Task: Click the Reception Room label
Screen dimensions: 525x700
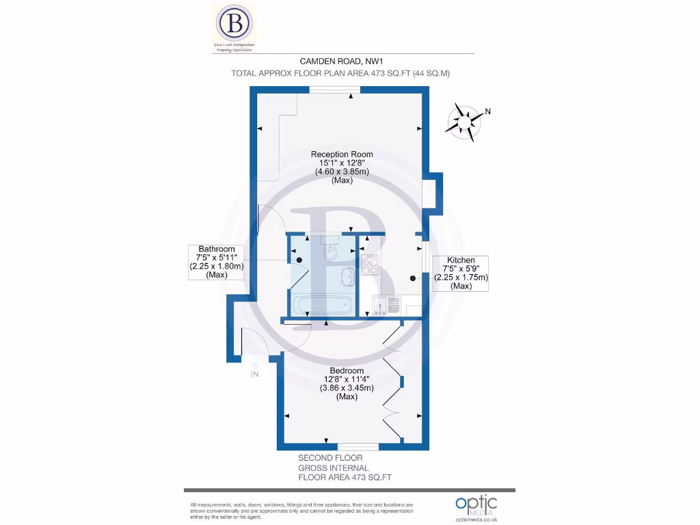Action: pyautogui.click(x=342, y=154)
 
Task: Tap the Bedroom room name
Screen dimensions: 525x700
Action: pyautogui.click(x=347, y=371)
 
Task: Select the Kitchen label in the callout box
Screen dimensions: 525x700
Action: pyautogui.click(x=461, y=260)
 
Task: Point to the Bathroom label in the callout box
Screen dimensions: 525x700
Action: pyautogui.click(x=216, y=249)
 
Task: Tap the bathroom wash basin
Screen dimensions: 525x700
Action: pyautogui.click(x=347, y=277)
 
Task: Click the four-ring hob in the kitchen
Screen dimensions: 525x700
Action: pyautogui.click(x=370, y=264)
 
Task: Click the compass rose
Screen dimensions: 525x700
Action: pyautogui.click(x=463, y=122)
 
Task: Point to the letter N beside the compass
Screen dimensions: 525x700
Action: pyautogui.click(x=487, y=111)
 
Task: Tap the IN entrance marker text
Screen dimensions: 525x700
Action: pyautogui.click(x=255, y=374)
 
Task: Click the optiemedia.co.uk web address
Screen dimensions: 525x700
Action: pyautogui.click(x=477, y=520)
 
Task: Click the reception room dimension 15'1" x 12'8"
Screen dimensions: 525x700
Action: pyautogui.click(x=342, y=163)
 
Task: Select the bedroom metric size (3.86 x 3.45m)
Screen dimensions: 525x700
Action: pyautogui.click(x=347, y=388)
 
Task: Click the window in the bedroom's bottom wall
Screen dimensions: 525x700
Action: pyautogui.click(x=358, y=446)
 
